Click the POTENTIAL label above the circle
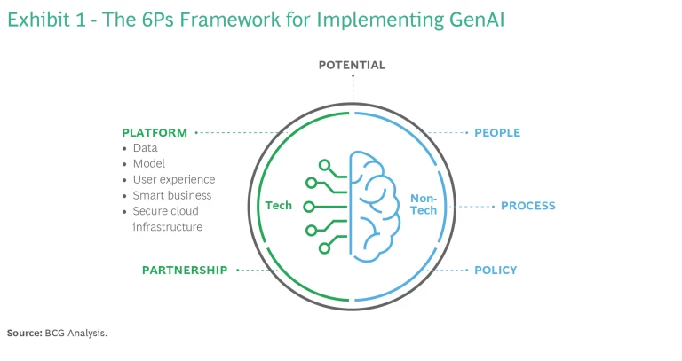click(x=353, y=65)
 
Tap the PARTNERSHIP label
click(x=185, y=270)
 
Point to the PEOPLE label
click(x=497, y=133)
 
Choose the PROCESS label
click(x=527, y=206)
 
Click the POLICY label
click(x=496, y=270)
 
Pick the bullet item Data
click(x=145, y=148)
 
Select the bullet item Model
click(x=148, y=164)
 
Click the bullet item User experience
click(x=173, y=179)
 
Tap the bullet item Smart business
click(x=172, y=195)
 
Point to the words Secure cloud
click(x=165, y=211)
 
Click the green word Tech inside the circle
click(x=279, y=206)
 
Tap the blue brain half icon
click(x=375, y=206)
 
